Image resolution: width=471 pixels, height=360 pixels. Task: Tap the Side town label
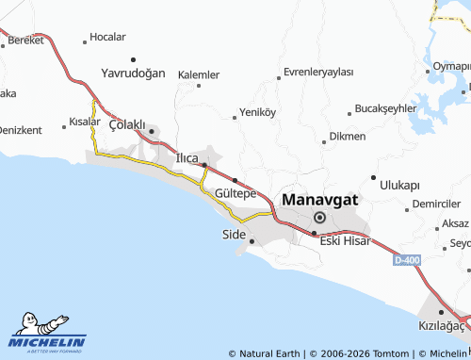(233, 234)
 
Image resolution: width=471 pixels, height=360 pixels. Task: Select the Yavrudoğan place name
(133, 73)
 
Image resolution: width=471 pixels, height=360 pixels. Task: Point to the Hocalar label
(107, 37)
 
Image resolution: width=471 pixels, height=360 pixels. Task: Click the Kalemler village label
(198, 74)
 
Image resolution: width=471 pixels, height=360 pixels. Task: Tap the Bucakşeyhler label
(384, 108)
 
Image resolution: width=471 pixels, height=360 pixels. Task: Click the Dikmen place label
(348, 137)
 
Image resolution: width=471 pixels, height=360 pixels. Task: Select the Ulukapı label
(399, 185)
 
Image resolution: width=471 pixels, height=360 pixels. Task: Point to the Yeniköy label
(257, 111)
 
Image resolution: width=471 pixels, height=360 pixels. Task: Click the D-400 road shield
(407, 259)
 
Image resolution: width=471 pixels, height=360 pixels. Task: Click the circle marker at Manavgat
(319, 218)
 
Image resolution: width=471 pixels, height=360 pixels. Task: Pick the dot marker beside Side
(252, 240)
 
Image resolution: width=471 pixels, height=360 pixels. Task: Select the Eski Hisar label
(345, 240)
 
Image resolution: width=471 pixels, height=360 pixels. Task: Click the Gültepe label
(235, 192)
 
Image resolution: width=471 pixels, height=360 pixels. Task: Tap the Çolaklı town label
(127, 124)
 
